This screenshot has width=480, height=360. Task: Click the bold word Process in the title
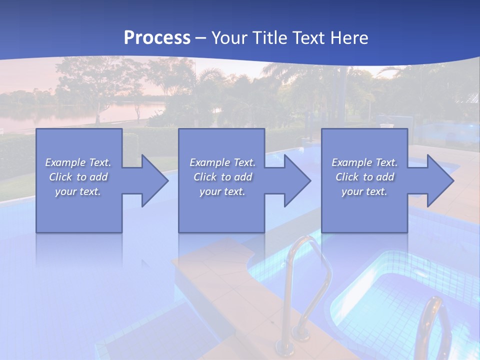157,38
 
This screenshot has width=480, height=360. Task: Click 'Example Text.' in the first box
78,162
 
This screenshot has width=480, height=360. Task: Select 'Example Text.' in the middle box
222,162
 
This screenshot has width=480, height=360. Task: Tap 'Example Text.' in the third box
364,162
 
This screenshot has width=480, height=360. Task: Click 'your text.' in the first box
78,191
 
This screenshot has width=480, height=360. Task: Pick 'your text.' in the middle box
222,191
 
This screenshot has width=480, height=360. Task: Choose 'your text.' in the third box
364,191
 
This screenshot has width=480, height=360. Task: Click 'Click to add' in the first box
78,177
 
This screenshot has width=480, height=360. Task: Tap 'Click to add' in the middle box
222,177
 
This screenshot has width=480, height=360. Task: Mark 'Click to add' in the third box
364,177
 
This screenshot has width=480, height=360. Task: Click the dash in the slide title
200,38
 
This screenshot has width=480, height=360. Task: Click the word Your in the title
229,38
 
